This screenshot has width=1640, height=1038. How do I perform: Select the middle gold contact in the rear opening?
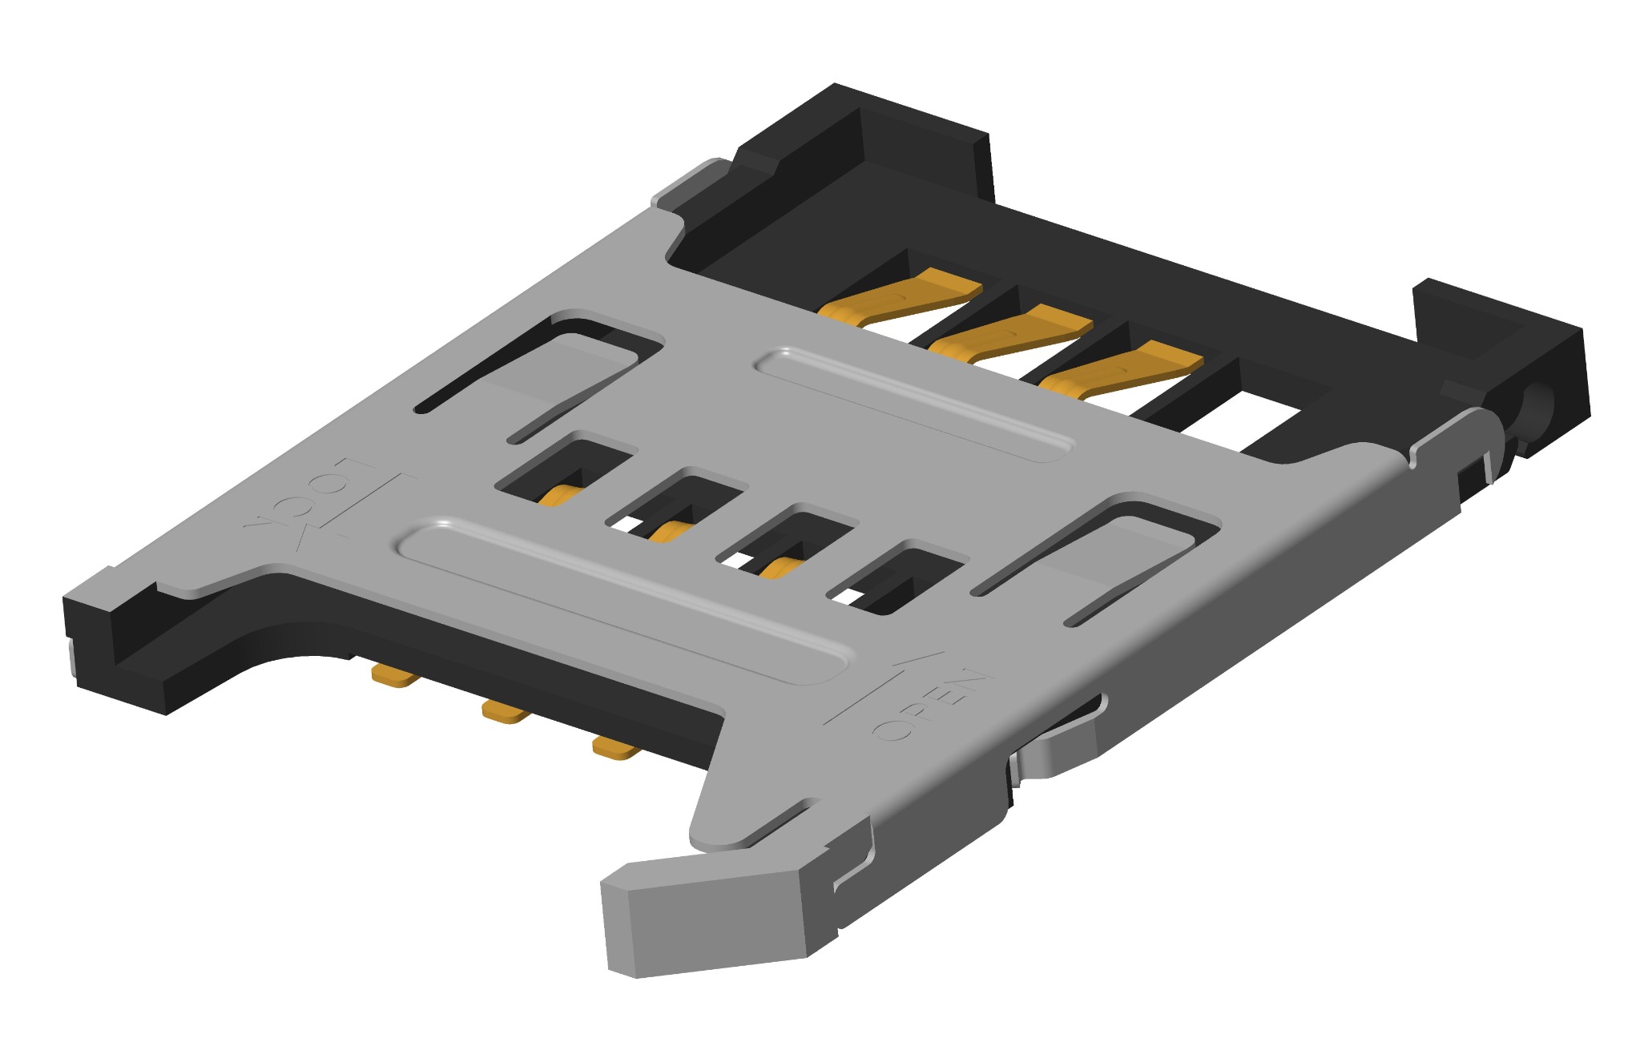click(1013, 332)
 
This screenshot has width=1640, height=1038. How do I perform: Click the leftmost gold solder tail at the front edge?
click(396, 678)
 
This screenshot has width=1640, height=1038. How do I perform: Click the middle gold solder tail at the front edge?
click(506, 712)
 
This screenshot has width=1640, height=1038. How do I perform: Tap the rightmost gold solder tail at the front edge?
click(616, 750)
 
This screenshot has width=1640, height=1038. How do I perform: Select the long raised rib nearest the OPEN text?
click(621, 601)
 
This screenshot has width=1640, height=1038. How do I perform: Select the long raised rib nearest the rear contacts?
click(913, 404)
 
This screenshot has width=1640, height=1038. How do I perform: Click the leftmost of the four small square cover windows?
click(565, 473)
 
